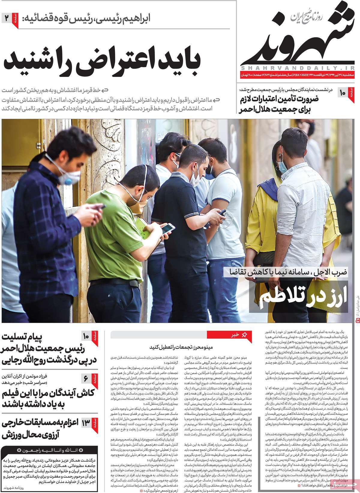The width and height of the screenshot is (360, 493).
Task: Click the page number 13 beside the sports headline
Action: (x=85, y=424)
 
